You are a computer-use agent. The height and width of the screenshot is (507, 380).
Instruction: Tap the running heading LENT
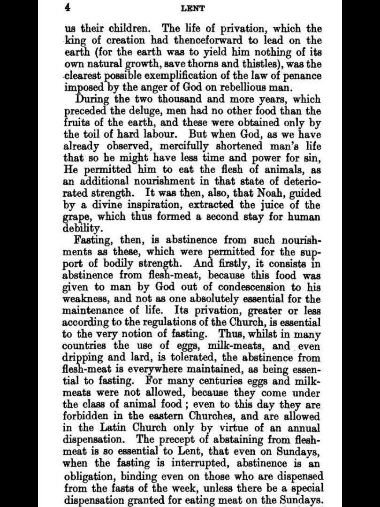192,8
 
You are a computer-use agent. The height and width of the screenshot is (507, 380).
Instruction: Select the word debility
82,229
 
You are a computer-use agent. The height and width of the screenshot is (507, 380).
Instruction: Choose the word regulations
181,323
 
